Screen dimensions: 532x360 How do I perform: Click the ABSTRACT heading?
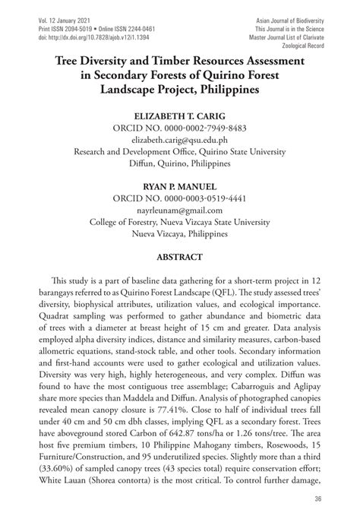179,257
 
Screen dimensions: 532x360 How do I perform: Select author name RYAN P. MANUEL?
179,186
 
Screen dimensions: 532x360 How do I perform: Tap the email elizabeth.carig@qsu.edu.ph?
179,140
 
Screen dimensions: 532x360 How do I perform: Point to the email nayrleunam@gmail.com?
179,210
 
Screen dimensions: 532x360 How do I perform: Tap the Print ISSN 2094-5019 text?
53,26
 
